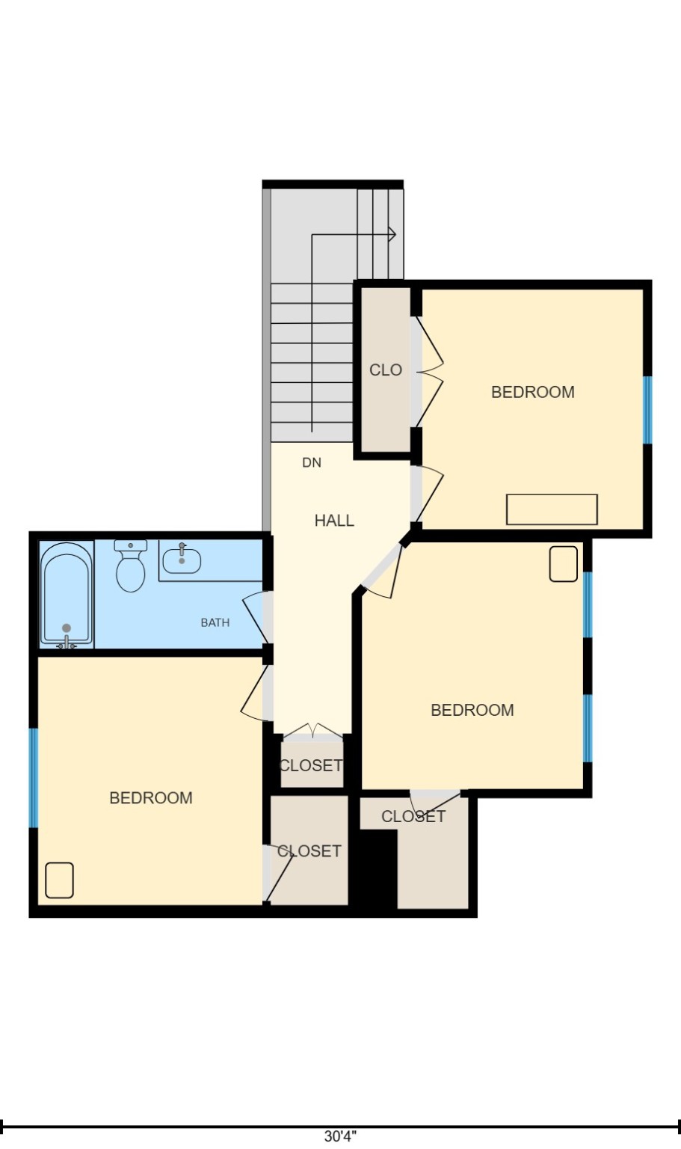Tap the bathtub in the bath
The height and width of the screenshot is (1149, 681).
pyautogui.click(x=67, y=595)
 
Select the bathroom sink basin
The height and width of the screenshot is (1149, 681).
pyautogui.click(x=182, y=560)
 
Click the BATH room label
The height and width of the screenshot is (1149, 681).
pyautogui.click(x=215, y=622)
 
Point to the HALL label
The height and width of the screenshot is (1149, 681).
pyautogui.click(x=334, y=521)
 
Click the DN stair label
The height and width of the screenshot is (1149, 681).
pyautogui.click(x=312, y=463)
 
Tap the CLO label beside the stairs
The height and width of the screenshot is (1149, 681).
pyautogui.click(x=386, y=370)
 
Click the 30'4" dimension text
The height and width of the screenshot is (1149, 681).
pyautogui.click(x=340, y=1136)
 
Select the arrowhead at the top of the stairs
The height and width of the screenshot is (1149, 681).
pyautogui.click(x=392, y=234)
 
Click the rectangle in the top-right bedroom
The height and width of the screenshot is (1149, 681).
pyautogui.click(x=552, y=509)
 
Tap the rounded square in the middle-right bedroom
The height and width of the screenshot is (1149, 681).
pyautogui.click(x=563, y=564)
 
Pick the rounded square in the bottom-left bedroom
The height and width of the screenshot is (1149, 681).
pyautogui.click(x=59, y=880)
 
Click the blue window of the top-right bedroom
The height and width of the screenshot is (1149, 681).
pyautogui.click(x=647, y=410)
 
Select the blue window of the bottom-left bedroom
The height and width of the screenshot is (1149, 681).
pyautogui.click(x=33, y=778)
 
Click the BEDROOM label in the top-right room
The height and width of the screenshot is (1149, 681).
pyautogui.click(x=532, y=392)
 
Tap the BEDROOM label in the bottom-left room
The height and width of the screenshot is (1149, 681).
pyautogui.click(x=151, y=798)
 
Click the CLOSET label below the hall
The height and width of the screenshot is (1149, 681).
pyautogui.click(x=310, y=765)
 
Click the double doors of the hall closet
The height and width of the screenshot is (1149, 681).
pyautogui.click(x=314, y=731)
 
